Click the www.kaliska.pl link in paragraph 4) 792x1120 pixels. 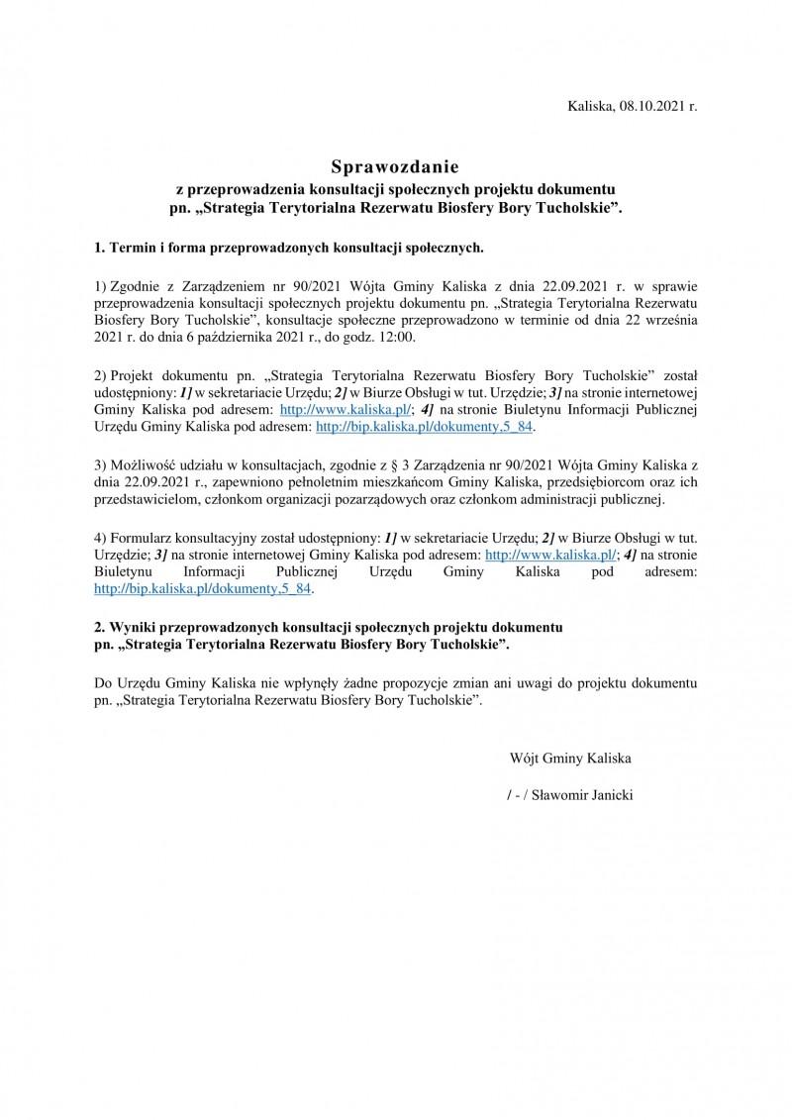click(547, 554)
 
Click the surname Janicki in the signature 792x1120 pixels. click(607, 794)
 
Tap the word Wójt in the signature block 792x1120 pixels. click(524, 759)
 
